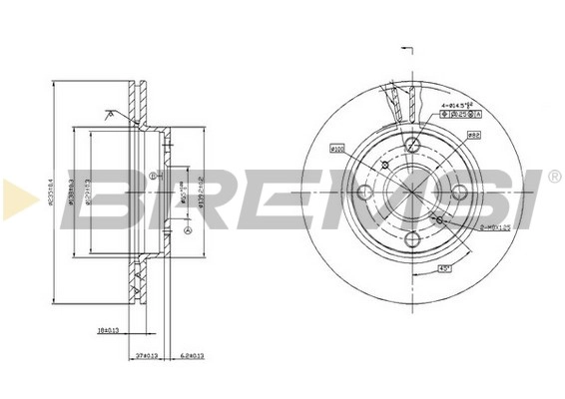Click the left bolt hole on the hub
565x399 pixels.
pos(363,191)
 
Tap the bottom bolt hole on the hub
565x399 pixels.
pos(412,238)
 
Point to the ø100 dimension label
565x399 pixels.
pos(336,150)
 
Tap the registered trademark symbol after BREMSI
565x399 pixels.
pos(554,177)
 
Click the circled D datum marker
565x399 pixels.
pos(152,177)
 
